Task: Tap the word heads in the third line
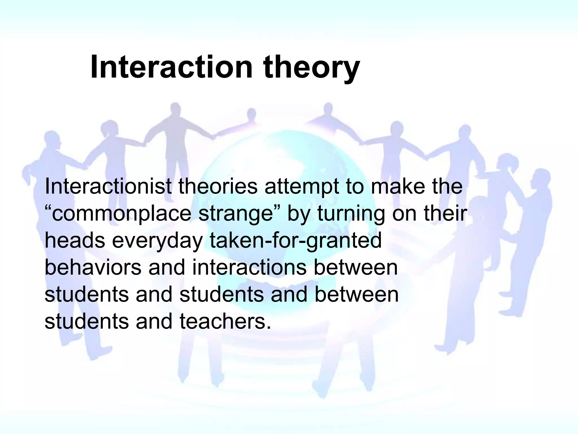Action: pyautogui.click(x=75, y=240)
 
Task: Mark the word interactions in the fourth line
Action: pyautogui.click(x=249, y=267)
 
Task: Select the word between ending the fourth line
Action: pyautogui.click(x=356, y=267)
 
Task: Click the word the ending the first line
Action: pyautogui.click(x=447, y=186)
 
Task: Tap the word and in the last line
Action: pyautogui.click(x=154, y=322)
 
